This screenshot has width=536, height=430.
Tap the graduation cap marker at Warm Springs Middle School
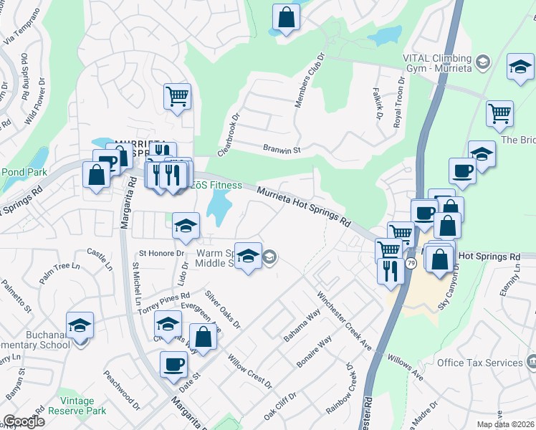[248, 255]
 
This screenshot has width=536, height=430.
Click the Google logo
[23, 421]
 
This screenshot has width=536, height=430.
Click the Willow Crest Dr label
[249, 371]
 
